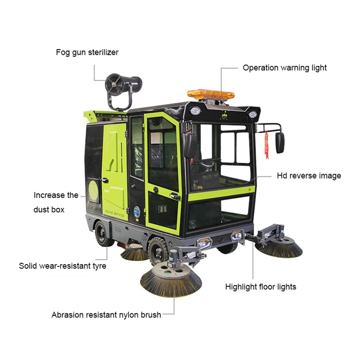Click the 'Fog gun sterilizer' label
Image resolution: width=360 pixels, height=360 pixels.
(87, 52)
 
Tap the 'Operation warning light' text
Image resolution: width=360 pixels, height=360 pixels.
(284, 68)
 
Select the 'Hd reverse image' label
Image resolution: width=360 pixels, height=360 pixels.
(309, 175)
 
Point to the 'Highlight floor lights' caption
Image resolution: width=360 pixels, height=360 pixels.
(261, 287)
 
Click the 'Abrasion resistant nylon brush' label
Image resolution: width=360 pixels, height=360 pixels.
(106, 315)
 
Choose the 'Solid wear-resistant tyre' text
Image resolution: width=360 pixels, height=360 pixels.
(63, 266)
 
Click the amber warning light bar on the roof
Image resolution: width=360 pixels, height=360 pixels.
(211, 94)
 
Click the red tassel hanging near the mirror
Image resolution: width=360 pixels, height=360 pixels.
(267, 144)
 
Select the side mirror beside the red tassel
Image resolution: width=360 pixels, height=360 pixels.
(280, 143)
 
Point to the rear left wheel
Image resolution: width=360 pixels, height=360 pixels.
(103, 233)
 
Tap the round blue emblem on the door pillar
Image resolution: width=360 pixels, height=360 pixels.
(137, 210)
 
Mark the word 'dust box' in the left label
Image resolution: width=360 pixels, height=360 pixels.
(49, 210)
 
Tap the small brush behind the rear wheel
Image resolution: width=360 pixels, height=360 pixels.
(134, 253)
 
